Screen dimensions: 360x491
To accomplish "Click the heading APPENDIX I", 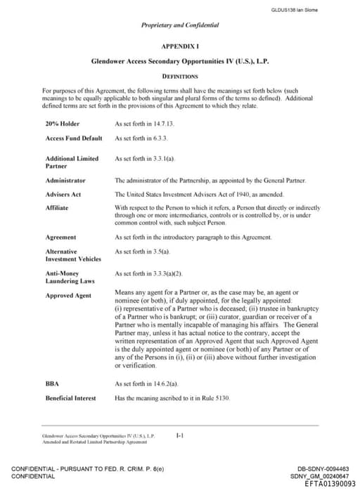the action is click(179, 45).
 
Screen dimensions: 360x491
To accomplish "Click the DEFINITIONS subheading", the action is click(179, 76).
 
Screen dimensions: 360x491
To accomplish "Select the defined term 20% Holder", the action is click(63, 123).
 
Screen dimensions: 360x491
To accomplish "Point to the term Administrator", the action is click(65, 181).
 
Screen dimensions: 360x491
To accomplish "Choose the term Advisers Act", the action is click(63, 194).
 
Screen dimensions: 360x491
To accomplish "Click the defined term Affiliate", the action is click(57, 208).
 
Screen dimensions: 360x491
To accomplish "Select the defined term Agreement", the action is click(60, 237).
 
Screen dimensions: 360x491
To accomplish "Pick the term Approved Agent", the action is click(68, 296).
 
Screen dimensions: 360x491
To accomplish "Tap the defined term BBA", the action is click(52, 384).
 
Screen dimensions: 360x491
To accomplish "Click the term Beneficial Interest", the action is click(70, 398).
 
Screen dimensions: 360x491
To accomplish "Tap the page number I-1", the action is click(180, 436).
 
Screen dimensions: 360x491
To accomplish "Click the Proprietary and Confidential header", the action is click(179, 25).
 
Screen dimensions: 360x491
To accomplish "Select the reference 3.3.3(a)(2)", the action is click(167, 273).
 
